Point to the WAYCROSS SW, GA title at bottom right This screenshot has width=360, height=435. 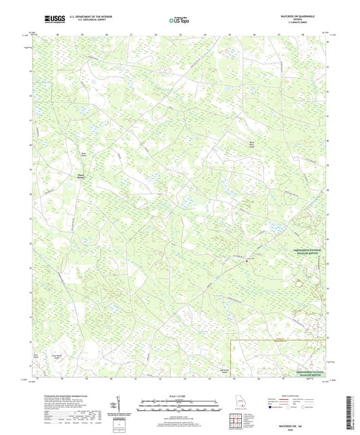click(297, 426)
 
